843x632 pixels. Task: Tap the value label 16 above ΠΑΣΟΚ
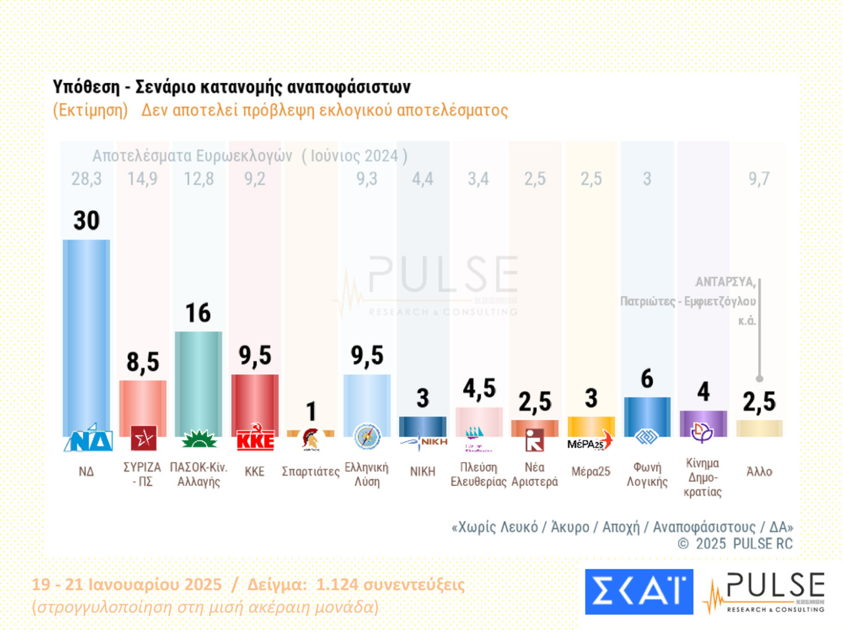tap(198, 313)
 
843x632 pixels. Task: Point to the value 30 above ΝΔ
tap(86, 221)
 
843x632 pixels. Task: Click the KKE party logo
tap(255, 438)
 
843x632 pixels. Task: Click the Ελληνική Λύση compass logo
tap(367, 437)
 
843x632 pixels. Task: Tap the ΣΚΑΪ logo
tap(638, 591)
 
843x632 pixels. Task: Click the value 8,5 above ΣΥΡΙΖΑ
tap(143, 362)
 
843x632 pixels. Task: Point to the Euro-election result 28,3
tap(86, 179)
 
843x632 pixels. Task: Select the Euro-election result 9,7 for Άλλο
tap(759, 179)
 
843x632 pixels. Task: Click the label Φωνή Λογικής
tap(647, 475)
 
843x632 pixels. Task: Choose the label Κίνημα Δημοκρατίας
tap(702, 477)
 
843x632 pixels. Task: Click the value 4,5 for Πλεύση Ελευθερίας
tap(479, 388)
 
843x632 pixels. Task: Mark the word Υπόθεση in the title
tap(86, 87)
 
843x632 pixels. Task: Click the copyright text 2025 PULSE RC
tap(743, 544)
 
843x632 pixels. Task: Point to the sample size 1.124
tap(337, 584)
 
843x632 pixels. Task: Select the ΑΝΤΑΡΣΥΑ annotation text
tap(725, 282)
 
